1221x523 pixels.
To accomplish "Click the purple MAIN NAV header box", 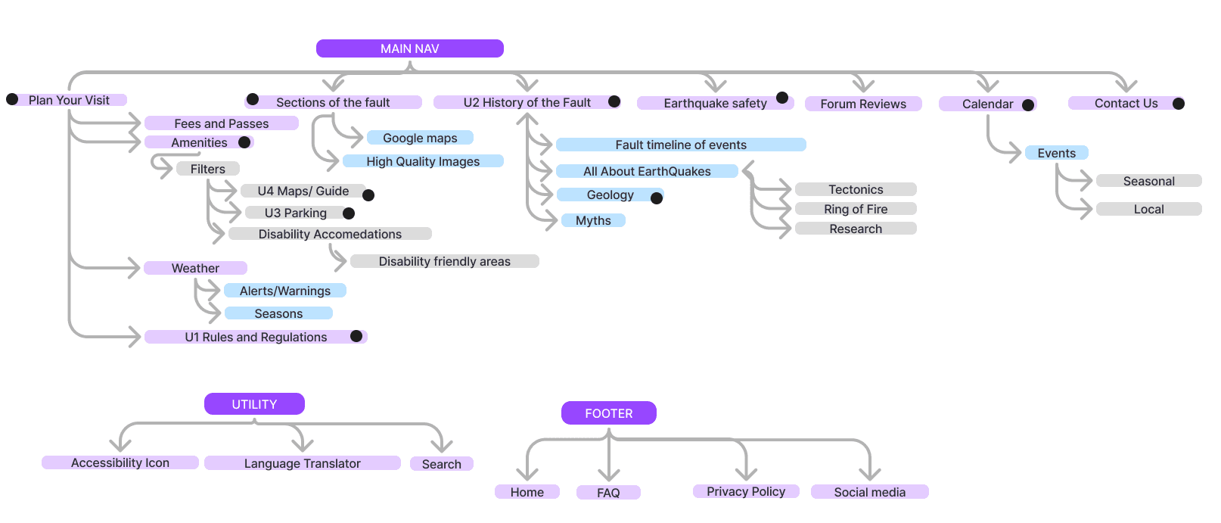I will pos(409,48).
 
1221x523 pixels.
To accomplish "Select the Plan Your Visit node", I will pos(69,100).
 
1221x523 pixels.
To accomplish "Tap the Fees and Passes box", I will pos(221,123).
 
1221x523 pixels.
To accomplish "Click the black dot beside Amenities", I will pos(244,142).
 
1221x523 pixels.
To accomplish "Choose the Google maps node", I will pos(420,138).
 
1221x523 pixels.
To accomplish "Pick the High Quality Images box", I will pos(423,161).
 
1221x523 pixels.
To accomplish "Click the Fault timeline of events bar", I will pos(680,145).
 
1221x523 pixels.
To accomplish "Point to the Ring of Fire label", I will pos(856,209).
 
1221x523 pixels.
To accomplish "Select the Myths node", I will pos(593,220).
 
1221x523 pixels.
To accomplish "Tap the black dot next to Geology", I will pos(657,198).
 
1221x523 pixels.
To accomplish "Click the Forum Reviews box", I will pos(862,104).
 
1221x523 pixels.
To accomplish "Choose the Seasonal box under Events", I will pos(1148,181).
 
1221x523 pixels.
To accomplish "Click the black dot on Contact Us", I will pos(1179,104).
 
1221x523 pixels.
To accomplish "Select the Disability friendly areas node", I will pos(444,261).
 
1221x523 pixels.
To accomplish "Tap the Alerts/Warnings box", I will pos(284,291).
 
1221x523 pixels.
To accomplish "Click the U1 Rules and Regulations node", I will pos(256,337).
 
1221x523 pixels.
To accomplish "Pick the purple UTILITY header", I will pos(254,404).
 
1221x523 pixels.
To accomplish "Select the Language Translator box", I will pos(302,463).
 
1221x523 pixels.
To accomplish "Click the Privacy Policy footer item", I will pos(745,491).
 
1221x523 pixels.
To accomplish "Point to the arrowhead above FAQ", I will pos(609,474).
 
